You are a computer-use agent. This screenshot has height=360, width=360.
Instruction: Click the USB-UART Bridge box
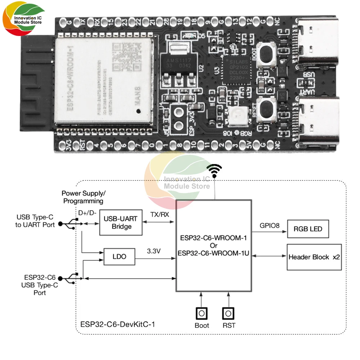pos(117,222)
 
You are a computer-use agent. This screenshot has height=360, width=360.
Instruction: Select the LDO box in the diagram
pos(119,257)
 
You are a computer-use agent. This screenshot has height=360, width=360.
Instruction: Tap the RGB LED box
pos(308,229)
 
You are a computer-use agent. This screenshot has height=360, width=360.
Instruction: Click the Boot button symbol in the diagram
pos(202,313)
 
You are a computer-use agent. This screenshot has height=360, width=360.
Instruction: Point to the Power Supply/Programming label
pos(84,197)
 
